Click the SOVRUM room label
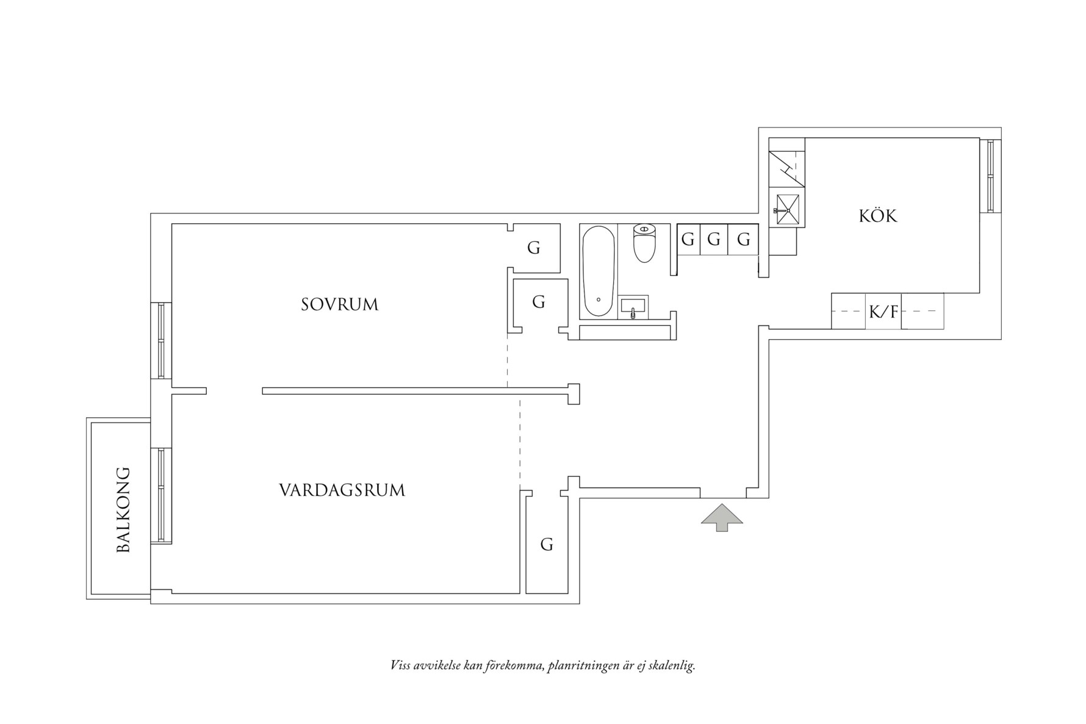click(339, 304)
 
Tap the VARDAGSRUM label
click(342, 490)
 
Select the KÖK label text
click(878, 216)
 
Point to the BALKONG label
click(124, 510)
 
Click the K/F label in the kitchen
click(883, 312)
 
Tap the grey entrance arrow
click(722, 517)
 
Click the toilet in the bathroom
click(644, 243)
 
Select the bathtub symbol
click(598, 271)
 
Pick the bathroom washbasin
click(633, 307)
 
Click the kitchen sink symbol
click(786, 210)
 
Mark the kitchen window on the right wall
click(990, 176)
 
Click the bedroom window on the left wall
click(161, 340)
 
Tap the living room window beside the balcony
click(161, 495)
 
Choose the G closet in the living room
click(547, 544)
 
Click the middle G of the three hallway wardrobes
click(714, 240)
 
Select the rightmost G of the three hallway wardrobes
click(743, 240)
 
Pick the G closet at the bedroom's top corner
click(534, 248)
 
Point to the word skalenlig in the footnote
click(674, 665)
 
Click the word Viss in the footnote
click(400, 665)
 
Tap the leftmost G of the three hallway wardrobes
click(688, 240)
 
